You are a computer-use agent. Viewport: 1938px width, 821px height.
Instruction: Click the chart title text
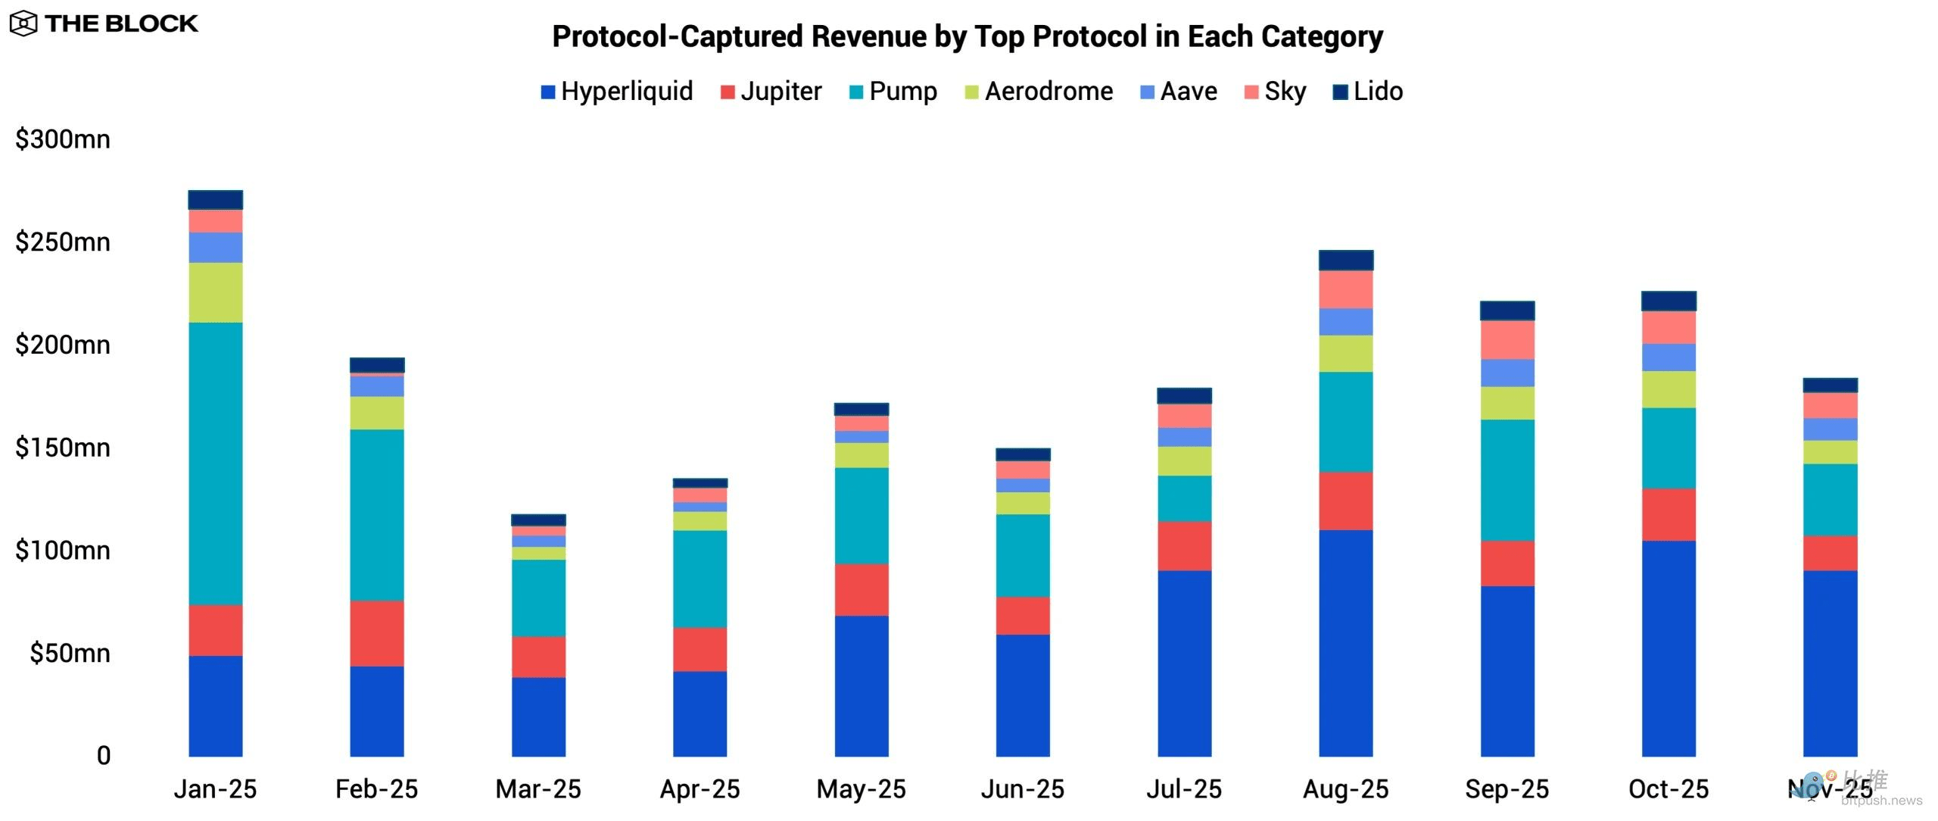click(x=967, y=36)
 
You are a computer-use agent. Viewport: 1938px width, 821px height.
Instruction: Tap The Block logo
click(x=104, y=23)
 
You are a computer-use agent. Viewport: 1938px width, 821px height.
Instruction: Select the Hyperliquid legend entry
click(x=617, y=92)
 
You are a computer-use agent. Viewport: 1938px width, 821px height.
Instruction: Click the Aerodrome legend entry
click(x=1039, y=92)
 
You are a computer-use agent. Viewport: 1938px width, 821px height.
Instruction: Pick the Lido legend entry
click(x=1368, y=92)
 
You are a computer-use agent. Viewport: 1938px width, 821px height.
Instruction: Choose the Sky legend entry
click(x=1276, y=92)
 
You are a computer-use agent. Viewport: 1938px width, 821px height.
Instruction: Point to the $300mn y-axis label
click(x=63, y=139)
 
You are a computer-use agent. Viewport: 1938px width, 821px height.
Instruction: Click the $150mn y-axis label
click(x=63, y=448)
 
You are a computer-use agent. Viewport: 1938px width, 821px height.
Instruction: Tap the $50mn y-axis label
click(x=70, y=653)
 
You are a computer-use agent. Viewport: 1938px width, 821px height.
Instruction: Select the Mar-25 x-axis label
click(x=538, y=789)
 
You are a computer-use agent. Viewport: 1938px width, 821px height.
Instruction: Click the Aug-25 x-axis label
click(x=1345, y=789)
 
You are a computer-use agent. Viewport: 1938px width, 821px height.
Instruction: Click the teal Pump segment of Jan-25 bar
click(x=216, y=464)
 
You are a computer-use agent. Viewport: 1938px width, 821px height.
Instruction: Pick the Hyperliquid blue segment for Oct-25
click(x=1668, y=648)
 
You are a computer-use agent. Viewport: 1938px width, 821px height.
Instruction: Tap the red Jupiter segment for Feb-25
click(x=377, y=633)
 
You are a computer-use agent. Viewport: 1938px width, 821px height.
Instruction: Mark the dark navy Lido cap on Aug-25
click(x=1345, y=261)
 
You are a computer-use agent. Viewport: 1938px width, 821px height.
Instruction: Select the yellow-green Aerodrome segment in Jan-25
click(x=216, y=292)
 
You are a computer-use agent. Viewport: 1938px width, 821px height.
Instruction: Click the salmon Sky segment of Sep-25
click(x=1507, y=339)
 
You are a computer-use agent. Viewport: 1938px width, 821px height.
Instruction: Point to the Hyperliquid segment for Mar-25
click(x=538, y=716)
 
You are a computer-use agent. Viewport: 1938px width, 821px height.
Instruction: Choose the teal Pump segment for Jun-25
click(x=1023, y=556)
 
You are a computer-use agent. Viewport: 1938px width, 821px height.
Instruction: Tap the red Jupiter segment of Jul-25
click(x=1184, y=545)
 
